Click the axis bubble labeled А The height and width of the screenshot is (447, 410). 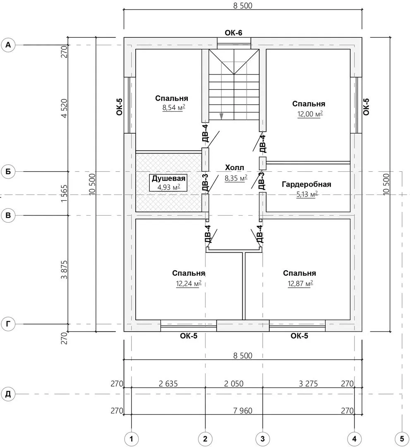pos(8,45)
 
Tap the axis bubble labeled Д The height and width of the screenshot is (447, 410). pos(8,394)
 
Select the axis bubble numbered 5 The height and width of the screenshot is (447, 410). pos(402,438)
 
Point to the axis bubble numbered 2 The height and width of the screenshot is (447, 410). pos(205,438)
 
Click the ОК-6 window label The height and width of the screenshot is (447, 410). pos(233,33)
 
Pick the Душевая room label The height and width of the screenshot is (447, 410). pos(168,178)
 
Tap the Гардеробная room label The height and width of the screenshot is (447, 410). pos(307,184)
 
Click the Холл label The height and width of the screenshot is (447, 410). pos(235,167)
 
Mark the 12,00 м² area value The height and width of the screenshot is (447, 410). pos(310,114)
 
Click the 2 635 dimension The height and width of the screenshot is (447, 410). pos(168,384)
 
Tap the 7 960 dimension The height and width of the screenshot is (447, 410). pos(243,411)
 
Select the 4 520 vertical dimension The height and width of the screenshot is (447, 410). pos(65,108)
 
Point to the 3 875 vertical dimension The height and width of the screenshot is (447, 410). pos(65,270)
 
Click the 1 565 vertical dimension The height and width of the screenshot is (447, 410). pos(65,194)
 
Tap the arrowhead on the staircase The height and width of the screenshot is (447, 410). pos(221,116)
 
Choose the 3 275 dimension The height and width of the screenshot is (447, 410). pos(308,384)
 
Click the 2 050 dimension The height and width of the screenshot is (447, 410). pos(234,384)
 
